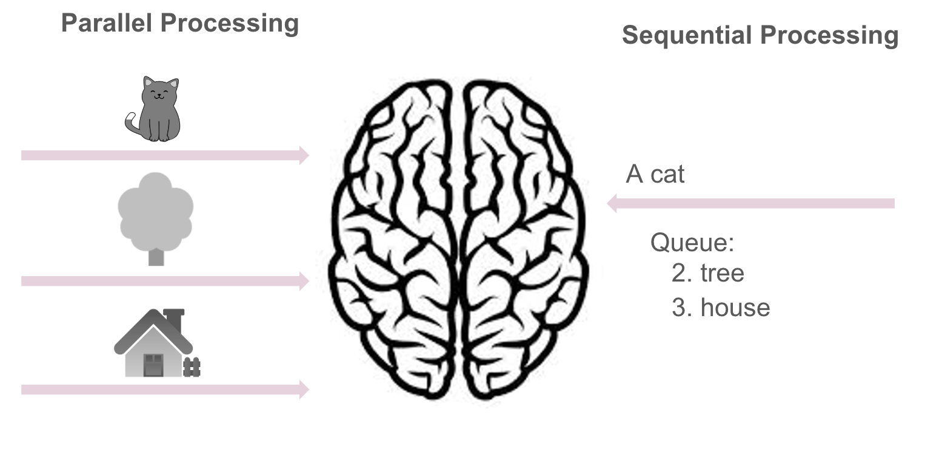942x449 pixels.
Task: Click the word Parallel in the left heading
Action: (107, 22)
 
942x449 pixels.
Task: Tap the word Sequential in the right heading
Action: (687, 35)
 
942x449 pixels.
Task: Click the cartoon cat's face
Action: (159, 91)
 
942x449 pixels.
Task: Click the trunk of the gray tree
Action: (156, 257)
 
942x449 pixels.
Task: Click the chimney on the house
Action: (174, 320)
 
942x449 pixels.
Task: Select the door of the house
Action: (153, 365)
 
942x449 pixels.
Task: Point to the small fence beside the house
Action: (192, 367)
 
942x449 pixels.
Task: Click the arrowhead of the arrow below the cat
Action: (304, 155)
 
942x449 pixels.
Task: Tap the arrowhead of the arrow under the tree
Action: (304, 281)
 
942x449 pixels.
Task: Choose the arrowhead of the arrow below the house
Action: (304, 390)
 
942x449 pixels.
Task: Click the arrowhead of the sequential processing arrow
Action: (612, 204)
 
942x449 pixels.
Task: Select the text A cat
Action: (655, 174)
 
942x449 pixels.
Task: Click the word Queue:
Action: (692, 243)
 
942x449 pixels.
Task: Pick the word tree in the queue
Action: (722, 273)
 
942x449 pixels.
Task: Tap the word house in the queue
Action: (735, 308)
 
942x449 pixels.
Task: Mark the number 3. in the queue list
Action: (682, 308)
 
